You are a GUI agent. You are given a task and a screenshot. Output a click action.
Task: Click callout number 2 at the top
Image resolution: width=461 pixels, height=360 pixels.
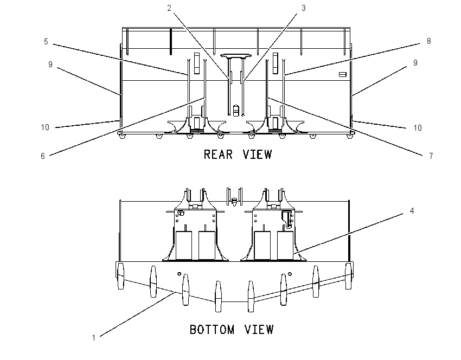tap(169, 8)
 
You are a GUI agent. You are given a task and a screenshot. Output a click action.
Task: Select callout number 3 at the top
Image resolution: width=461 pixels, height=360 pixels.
tap(304, 8)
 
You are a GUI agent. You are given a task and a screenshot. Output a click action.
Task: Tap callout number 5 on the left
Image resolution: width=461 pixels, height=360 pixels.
tap(46, 42)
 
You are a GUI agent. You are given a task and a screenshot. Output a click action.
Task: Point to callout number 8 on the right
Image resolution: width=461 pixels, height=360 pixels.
tap(428, 41)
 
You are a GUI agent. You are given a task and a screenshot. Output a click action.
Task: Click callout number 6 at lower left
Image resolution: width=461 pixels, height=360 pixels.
tap(43, 156)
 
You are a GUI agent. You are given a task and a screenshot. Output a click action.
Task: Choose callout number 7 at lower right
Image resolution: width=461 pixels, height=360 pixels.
tap(431, 156)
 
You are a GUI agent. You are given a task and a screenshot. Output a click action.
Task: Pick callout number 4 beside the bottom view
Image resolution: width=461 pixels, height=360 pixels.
tap(412, 211)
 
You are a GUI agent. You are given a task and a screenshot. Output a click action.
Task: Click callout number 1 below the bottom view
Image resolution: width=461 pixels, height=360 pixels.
tap(94, 338)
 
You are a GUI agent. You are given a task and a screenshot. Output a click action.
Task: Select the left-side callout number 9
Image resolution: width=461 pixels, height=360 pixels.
tap(50, 65)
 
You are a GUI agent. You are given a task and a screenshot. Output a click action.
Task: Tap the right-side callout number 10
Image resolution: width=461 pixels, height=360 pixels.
tap(418, 128)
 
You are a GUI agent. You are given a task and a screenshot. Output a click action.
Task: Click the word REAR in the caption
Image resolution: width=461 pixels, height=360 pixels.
tap(219, 155)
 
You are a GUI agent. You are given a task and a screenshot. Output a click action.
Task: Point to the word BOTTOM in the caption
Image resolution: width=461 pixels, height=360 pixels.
tap(212, 330)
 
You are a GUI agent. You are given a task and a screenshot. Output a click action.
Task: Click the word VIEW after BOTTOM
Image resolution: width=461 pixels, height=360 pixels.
tap(259, 330)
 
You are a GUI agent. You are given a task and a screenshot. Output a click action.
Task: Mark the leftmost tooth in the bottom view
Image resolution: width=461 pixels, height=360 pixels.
tap(120, 277)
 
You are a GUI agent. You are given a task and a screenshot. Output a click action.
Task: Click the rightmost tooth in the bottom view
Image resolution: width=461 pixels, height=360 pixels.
tap(348, 277)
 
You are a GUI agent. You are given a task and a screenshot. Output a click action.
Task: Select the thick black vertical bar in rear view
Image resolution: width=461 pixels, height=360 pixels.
tap(170, 41)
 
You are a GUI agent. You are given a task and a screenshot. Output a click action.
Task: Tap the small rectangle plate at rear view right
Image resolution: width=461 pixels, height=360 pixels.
tap(343, 74)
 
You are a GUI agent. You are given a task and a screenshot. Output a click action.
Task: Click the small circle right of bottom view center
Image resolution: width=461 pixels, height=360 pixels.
tap(290, 274)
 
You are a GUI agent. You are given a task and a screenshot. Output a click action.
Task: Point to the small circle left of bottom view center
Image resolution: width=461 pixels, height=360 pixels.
tap(180, 274)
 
